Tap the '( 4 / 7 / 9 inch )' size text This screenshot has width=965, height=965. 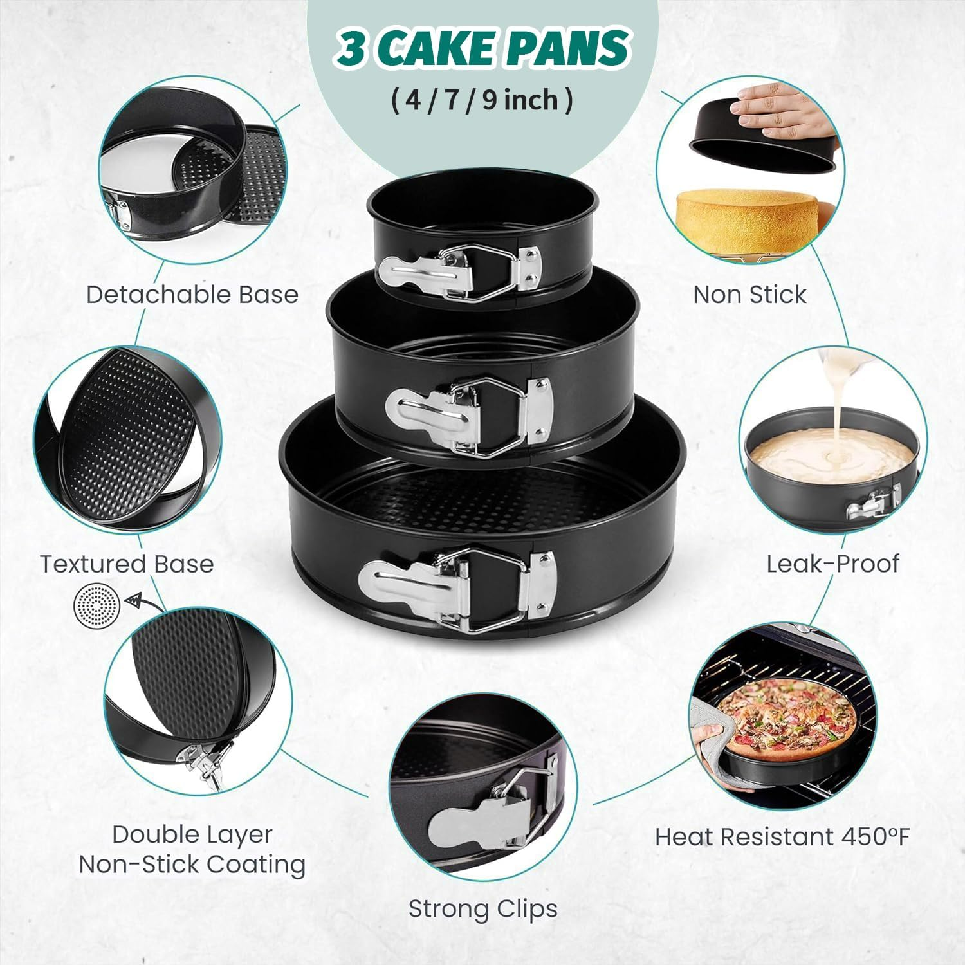coord(482,101)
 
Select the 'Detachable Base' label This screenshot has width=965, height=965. coord(192,295)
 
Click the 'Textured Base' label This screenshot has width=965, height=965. coord(127,564)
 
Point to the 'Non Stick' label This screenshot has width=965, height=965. coord(749,295)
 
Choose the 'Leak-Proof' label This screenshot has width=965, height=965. coord(832,564)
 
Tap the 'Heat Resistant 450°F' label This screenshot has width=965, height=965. coord(782,837)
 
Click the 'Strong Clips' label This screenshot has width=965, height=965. coord(482,909)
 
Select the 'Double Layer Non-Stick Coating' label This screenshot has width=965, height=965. coord(192,849)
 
